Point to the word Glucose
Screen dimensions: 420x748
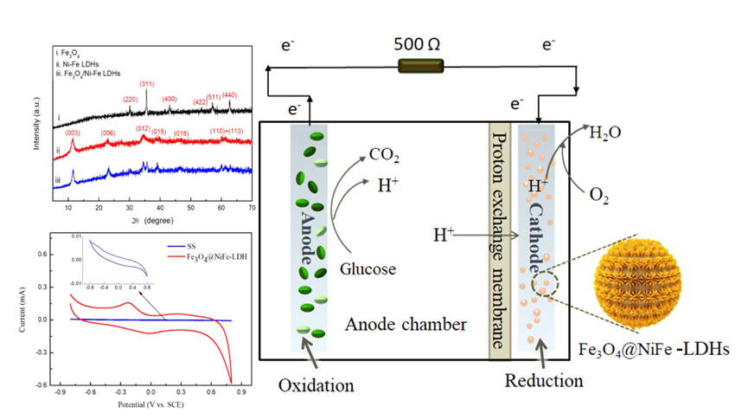pos(368,268)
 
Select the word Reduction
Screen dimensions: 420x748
pos(545,380)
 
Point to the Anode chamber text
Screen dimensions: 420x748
pos(405,324)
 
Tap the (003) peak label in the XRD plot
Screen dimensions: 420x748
pos(73,132)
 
